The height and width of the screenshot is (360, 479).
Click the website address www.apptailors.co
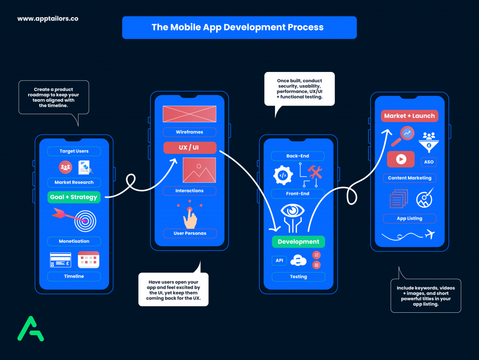48,19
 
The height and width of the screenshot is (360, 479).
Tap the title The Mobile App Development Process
237,27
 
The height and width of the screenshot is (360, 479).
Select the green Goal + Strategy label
73,197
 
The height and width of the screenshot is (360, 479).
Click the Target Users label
74,151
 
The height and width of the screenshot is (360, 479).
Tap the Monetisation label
74,241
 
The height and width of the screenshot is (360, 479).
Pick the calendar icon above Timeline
88,260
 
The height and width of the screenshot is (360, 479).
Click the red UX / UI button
189,148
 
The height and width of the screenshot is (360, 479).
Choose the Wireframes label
189,132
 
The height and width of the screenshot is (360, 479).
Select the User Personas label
189,233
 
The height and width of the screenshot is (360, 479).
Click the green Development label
298,242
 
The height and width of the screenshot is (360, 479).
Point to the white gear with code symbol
283,175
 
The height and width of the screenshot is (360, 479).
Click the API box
279,260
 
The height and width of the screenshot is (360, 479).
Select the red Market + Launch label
409,116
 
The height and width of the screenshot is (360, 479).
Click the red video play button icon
401,159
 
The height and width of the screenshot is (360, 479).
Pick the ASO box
428,162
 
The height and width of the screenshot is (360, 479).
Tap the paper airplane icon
430,234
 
